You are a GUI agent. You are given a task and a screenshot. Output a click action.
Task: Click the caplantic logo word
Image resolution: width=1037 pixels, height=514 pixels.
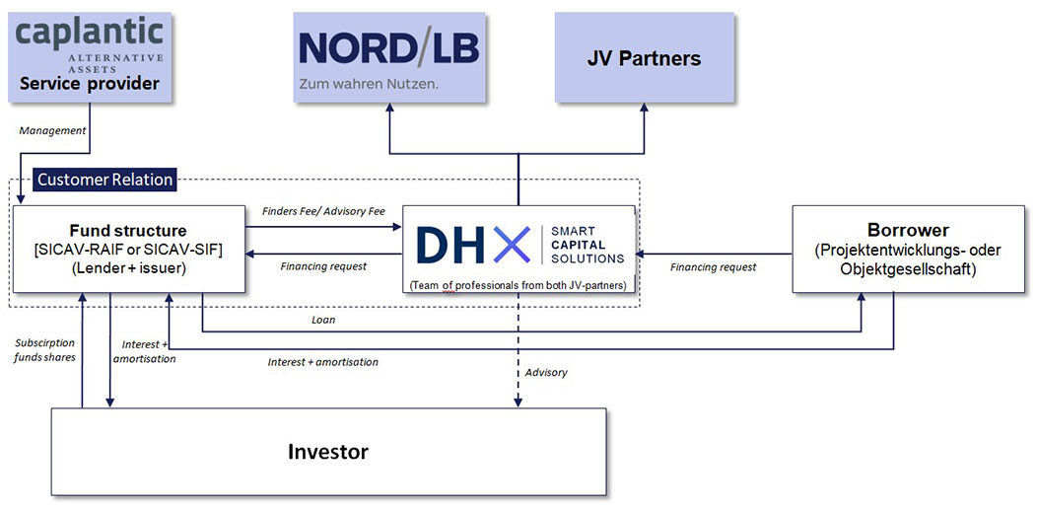tap(88, 33)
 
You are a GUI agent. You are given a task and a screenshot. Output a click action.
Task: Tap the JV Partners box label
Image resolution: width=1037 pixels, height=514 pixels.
tap(644, 58)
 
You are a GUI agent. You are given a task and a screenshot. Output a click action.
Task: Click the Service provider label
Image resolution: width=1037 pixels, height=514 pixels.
tap(90, 84)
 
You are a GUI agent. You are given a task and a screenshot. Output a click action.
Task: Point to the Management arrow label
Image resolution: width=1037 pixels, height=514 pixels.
tap(53, 130)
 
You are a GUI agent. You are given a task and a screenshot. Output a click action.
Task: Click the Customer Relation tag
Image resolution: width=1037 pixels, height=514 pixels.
tap(104, 180)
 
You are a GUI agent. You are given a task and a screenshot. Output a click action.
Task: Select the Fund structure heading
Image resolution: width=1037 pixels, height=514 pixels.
tap(128, 231)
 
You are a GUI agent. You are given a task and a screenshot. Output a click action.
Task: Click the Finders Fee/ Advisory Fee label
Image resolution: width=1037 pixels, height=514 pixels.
tap(323, 211)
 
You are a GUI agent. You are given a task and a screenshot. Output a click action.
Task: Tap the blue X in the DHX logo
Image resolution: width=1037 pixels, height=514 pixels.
tap(511, 246)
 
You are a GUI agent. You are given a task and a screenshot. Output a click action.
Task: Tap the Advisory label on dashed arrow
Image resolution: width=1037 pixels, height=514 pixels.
tap(546, 372)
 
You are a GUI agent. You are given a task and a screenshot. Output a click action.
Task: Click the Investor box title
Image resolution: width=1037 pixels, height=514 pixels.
tap(327, 453)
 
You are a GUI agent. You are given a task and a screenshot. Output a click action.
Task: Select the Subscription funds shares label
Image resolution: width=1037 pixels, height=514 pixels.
tap(43, 350)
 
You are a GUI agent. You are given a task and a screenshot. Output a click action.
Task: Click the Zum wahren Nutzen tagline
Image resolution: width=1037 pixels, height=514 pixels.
tap(368, 84)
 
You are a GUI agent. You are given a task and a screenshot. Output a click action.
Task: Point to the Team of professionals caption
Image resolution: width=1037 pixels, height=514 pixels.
tap(518, 285)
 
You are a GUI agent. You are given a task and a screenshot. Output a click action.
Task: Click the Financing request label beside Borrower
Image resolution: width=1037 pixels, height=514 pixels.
tap(714, 267)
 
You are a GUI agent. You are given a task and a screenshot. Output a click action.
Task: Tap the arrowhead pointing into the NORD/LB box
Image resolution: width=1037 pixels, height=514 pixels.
tap(389, 109)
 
